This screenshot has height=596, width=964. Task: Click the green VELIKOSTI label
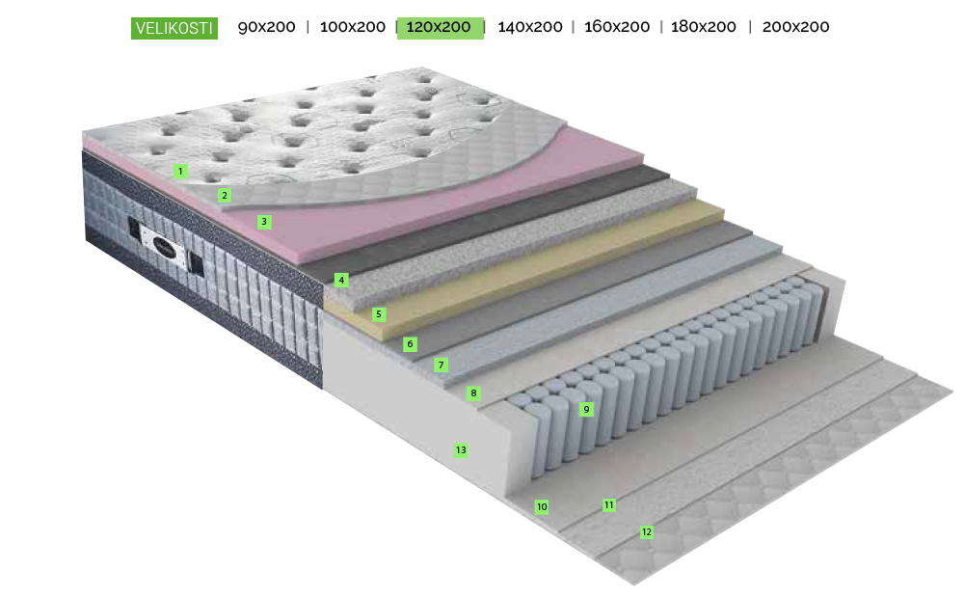174,28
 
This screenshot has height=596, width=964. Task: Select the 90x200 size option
266,27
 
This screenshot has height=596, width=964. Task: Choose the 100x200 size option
352,27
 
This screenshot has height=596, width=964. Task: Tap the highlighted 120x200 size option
440,28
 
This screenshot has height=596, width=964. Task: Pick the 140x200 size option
530,27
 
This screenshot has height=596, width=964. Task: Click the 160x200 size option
617,27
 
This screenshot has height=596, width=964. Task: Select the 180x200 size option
704,27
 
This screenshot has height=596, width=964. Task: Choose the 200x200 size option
795,27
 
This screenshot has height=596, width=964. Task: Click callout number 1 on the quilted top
180,171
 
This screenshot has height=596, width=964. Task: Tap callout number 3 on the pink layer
264,222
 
